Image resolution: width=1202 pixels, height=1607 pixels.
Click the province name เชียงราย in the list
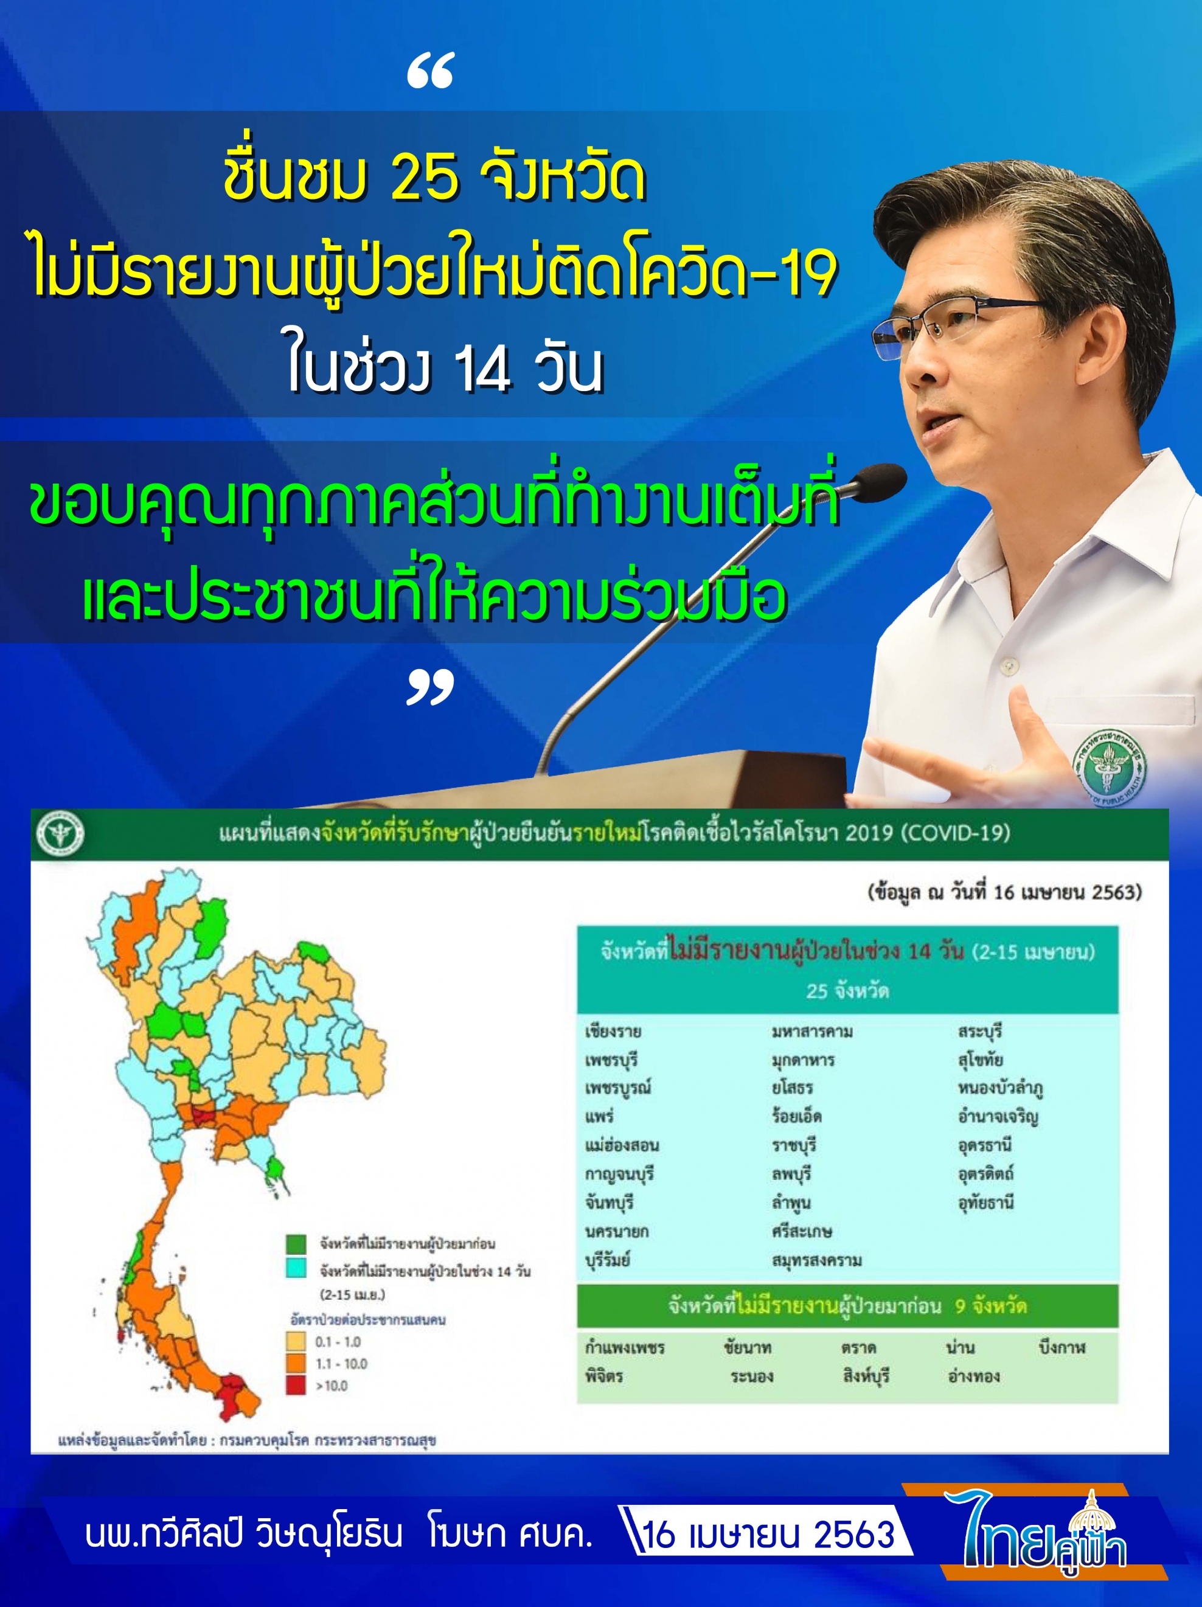[x=613, y=1032]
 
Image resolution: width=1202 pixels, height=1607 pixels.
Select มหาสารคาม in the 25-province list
[x=813, y=1032]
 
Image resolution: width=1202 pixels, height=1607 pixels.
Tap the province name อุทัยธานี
[x=985, y=1203]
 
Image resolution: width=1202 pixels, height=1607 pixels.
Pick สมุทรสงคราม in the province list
[x=817, y=1260]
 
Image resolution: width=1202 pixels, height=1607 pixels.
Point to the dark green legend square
[x=296, y=1243]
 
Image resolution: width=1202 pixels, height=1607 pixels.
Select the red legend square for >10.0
[x=296, y=1386]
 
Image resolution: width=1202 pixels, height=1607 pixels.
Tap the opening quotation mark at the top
[x=430, y=71]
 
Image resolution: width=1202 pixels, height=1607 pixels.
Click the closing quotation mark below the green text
[x=430, y=687]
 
